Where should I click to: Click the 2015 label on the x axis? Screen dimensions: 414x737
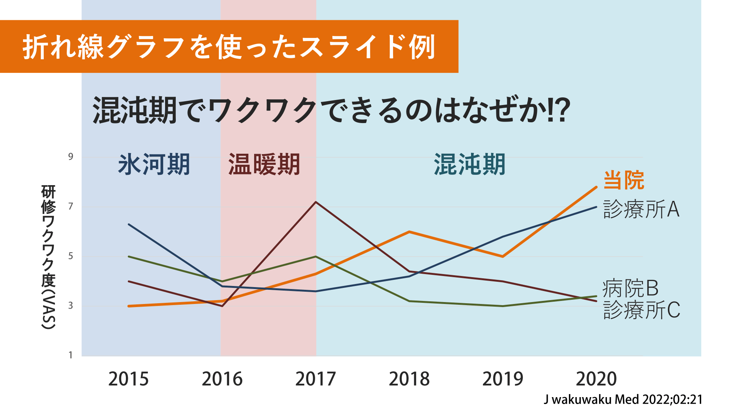click(128, 379)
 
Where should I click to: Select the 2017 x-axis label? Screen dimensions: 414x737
click(316, 379)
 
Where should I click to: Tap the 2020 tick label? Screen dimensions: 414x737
click(596, 379)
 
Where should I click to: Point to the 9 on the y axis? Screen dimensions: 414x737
click(71, 156)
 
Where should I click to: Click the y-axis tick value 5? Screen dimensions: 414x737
click(71, 256)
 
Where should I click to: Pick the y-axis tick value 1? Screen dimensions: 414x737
click(71, 355)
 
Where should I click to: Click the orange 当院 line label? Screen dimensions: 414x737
click(624, 180)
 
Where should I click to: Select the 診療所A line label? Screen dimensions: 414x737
click(641, 209)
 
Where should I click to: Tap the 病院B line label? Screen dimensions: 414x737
click(630, 288)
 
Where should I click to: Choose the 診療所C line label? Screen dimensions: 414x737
click(641, 310)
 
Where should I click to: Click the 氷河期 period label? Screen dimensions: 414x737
click(154, 164)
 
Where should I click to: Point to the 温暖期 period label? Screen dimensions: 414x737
click(264, 164)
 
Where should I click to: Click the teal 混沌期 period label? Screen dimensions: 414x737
click(469, 164)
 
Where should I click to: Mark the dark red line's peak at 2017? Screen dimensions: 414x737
click(316, 202)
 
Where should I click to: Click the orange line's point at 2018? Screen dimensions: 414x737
click(409, 232)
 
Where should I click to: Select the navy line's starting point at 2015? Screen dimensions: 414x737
click(129, 224)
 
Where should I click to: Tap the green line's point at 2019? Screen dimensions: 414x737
click(503, 306)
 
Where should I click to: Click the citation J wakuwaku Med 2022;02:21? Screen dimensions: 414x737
click(623, 399)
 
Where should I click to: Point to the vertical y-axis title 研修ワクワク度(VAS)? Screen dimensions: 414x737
click(48, 257)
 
